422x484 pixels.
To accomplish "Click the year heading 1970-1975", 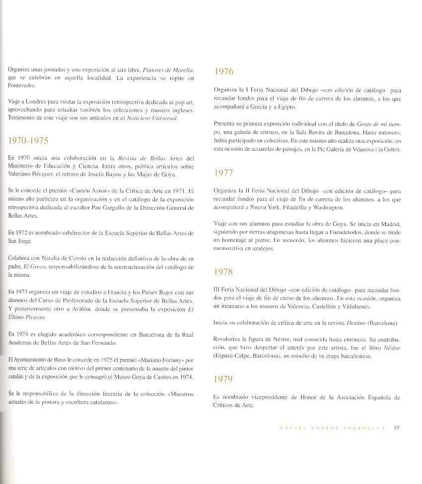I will [x=28, y=140].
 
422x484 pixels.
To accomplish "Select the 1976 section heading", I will [x=224, y=71].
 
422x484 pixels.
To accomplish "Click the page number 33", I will [x=397, y=428].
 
